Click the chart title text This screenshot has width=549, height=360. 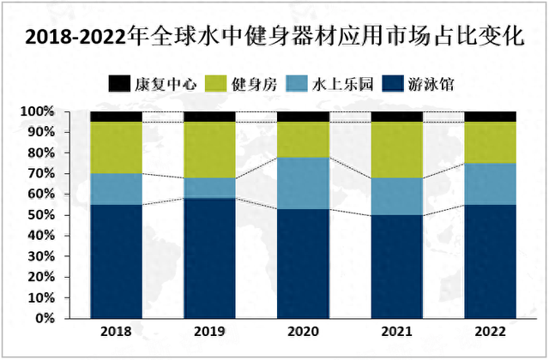[274, 37]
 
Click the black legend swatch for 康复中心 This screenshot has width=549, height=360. [118, 83]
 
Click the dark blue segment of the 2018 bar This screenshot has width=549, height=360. [116, 261]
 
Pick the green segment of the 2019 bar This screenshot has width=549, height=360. [209, 150]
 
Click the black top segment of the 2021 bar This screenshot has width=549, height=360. [396, 117]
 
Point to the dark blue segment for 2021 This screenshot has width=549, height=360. [396, 267]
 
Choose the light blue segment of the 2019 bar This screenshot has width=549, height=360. [209, 189]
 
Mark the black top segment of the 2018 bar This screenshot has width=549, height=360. [116, 117]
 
